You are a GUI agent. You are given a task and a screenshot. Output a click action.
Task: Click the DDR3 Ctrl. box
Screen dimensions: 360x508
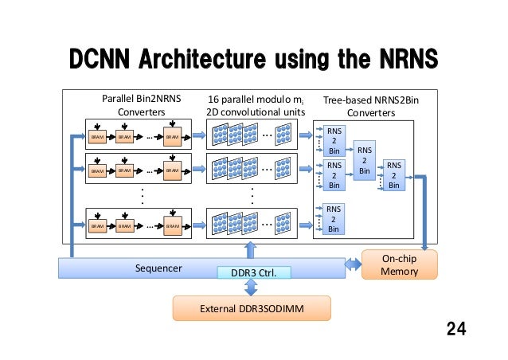(x=254, y=273)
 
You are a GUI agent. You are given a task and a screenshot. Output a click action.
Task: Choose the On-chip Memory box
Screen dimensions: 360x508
(x=400, y=265)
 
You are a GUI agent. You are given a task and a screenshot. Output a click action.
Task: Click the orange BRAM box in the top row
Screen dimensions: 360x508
(x=172, y=137)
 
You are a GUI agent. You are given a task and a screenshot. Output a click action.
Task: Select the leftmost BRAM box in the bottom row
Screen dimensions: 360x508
(x=97, y=226)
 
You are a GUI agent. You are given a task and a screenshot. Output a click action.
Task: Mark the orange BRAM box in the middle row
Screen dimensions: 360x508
(x=172, y=170)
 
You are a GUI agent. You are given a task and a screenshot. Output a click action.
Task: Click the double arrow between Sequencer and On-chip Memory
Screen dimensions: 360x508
(x=350, y=264)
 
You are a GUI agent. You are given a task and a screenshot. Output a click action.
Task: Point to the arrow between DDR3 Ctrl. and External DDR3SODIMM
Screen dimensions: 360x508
(x=253, y=288)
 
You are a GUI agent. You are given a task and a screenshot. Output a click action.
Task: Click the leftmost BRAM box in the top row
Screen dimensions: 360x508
(x=97, y=137)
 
